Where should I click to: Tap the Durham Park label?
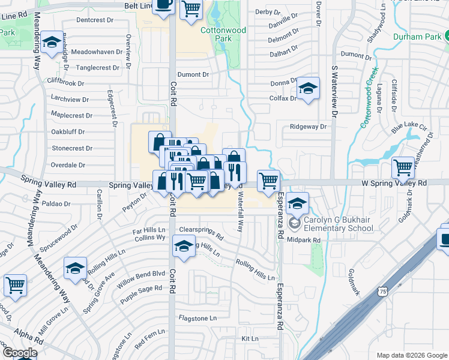point(417,37)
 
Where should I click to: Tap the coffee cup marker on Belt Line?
point(164,5)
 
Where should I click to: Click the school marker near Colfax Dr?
point(308,90)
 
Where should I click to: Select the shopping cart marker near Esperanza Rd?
point(268,179)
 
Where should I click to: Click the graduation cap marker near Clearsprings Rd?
point(184,245)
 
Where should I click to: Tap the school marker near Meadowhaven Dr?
point(52,41)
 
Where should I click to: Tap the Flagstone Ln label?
point(197,317)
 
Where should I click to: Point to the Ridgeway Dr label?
point(308,127)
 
